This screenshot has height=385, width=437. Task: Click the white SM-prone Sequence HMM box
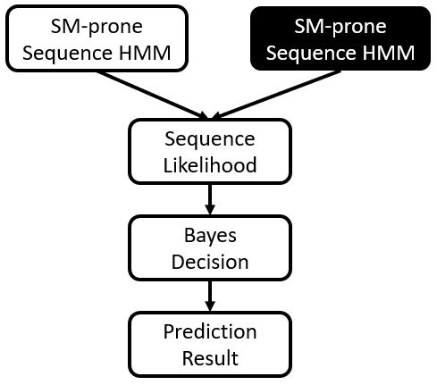pos(97,38)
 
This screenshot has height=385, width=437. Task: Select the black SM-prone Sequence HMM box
pos(340,38)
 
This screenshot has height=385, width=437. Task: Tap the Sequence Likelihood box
pos(210,152)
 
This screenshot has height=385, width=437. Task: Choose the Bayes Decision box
pos(210,248)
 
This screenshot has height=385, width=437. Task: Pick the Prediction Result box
pos(210,345)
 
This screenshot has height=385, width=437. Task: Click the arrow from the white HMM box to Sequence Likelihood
pos(153,96)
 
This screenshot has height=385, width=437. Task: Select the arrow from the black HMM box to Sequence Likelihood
pos(276,96)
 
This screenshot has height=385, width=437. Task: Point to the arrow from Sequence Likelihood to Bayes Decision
pos(210,199)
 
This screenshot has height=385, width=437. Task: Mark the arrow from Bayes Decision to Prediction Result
pos(210,296)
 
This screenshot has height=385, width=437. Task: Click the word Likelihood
pos(210,165)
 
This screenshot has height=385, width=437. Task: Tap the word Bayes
pos(210,237)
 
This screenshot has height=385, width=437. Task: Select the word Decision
pos(210,262)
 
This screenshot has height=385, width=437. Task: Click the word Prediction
pos(210,331)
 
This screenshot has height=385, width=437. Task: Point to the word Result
pos(210,358)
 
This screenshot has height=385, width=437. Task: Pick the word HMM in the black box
pos(389,53)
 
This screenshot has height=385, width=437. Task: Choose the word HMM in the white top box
pos(145,53)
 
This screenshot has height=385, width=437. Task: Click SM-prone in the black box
pos(340,27)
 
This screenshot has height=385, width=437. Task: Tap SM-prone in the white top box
pos(97,27)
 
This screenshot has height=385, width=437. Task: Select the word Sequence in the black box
pos(311,54)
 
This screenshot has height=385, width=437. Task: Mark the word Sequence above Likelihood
pos(210,139)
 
